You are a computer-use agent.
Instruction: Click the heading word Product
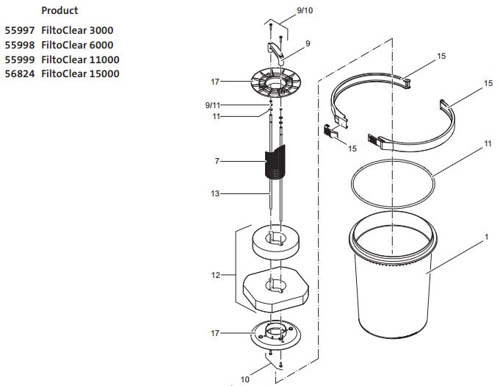point(59,11)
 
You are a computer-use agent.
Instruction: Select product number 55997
point(20,30)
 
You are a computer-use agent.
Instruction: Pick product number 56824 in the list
point(20,74)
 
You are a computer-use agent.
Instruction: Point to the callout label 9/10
point(283,10)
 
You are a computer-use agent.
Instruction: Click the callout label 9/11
point(214,105)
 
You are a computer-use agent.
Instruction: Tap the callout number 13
point(214,193)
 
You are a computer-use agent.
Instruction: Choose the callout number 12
point(215,275)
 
